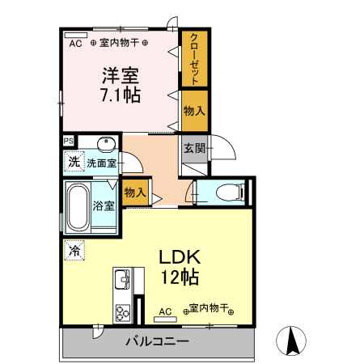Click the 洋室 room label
(120, 77)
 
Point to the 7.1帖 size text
(120, 95)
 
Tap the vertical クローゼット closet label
(195, 59)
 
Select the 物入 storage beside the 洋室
(194, 111)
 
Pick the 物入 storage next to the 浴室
(135, 193)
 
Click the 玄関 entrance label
(193, 148)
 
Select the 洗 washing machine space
(74, 161)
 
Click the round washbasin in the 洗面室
(106, 145)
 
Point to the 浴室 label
(103, 205)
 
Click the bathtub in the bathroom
(78, 207)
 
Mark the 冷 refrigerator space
(74, 250)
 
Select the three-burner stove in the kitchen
(123, 311)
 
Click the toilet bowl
(228, 193)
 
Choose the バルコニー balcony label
(157, 341)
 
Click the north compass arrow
(294, 340)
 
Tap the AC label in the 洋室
(75, 42)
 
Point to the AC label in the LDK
(165, 311)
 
